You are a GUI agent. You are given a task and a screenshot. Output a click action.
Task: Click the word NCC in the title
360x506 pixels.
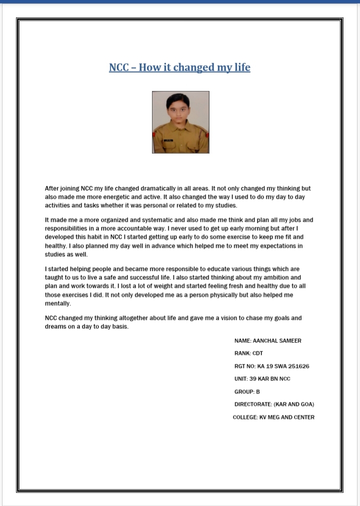119,68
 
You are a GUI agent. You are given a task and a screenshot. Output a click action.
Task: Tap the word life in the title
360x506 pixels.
241,68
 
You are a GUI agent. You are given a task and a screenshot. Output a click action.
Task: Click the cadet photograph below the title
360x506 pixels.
180,122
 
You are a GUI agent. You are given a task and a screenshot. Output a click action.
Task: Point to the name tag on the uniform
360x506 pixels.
170,141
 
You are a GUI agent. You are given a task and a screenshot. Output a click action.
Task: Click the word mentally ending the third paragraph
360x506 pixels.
58,303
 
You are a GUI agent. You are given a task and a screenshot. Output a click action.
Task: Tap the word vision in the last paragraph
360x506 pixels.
231,318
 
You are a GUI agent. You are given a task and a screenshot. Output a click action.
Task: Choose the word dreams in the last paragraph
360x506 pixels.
55,326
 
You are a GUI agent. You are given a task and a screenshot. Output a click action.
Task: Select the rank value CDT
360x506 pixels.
257,353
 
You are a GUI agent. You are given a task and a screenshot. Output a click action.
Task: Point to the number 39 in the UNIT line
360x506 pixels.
252,379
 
